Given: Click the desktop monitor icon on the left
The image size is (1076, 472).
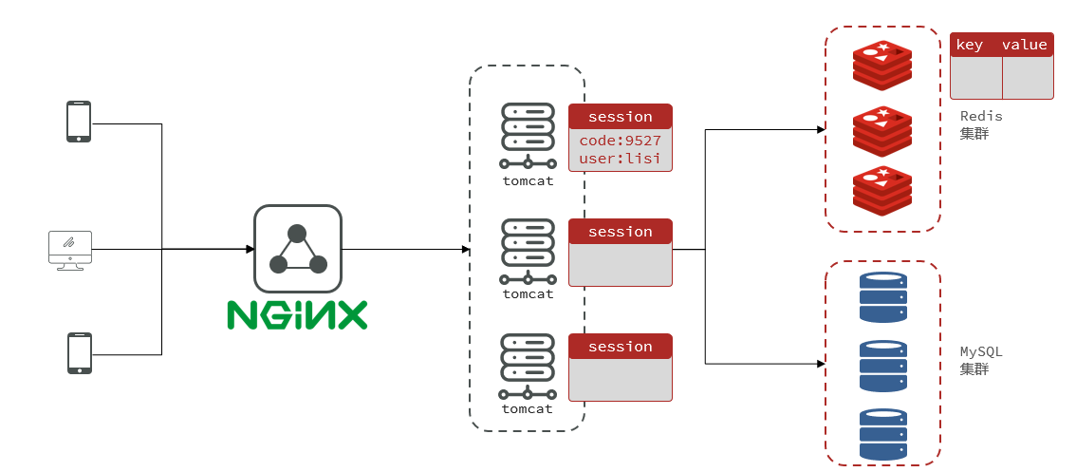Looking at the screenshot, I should click(70, 250).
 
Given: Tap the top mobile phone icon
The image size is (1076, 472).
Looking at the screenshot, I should click(79, 122).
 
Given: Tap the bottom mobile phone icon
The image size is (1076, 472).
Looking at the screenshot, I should click(79, 352).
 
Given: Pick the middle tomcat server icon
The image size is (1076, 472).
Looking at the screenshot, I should click(527, 251).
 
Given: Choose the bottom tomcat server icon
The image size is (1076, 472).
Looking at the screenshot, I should click(527, 366).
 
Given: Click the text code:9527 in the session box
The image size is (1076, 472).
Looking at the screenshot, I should click(621, 141).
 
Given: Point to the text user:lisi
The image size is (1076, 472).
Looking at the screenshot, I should click(621, 159).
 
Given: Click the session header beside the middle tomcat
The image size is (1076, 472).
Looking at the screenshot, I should click(621, 232).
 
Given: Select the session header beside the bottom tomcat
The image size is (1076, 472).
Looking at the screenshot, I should click(621, 347).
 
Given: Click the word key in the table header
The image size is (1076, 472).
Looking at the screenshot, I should click(970, 45).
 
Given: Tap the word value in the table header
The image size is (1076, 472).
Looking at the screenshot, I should click(1025, 45).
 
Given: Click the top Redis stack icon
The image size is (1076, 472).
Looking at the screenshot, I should click(881, 66).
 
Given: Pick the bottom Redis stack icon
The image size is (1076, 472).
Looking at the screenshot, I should click(881, 190).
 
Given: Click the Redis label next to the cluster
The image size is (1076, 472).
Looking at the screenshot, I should click(981, 116).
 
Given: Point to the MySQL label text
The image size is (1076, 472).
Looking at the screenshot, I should click(981, 351).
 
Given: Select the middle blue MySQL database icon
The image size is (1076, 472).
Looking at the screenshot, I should click(882, 366).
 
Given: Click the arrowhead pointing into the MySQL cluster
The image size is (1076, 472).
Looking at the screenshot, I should click(821, 364).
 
